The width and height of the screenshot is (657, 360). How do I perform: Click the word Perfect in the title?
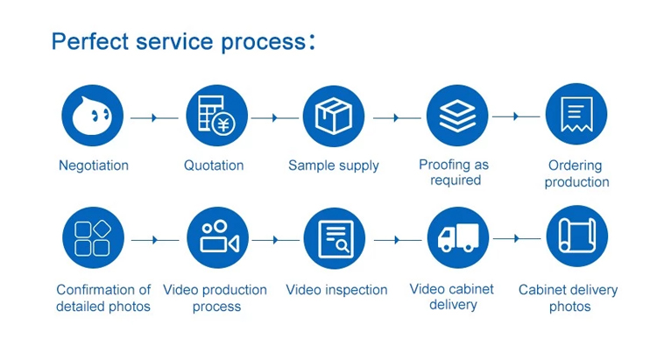(x=90, y=41)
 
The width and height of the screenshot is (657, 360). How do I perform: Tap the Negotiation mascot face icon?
(x=93, y=116)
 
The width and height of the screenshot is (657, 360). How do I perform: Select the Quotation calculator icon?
(x=216, y=116)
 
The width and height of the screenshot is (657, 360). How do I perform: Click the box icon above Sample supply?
(x=334, y=116)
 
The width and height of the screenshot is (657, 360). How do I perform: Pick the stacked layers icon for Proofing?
(x=457, y=116)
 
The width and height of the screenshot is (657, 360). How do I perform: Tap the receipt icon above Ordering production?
(x=576, y=114)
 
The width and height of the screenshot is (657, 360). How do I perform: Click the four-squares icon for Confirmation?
(x=93, y=237)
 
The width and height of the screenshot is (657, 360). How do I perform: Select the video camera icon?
(x=217, y=237)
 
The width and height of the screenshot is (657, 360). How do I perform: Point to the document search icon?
(x=335, y=238)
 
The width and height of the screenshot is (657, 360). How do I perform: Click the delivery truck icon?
(x=458, y=237)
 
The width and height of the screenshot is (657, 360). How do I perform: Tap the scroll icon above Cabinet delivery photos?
(x=577, y=236)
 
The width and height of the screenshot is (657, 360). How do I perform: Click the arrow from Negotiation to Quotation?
(x=154, y=117)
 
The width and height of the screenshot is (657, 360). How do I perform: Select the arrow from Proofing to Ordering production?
(x=516, y=116)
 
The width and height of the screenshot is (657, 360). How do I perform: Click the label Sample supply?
(x=334, y=166)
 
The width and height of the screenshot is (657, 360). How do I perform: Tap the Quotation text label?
(x=214, y=166)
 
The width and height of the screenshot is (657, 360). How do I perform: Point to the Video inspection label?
(x=336, y=290)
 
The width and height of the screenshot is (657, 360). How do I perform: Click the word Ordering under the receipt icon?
(x=575, y=166)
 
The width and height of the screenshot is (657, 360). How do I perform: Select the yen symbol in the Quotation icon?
(x=223, y=124)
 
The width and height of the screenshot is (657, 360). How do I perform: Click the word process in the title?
(x=263, y=42)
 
